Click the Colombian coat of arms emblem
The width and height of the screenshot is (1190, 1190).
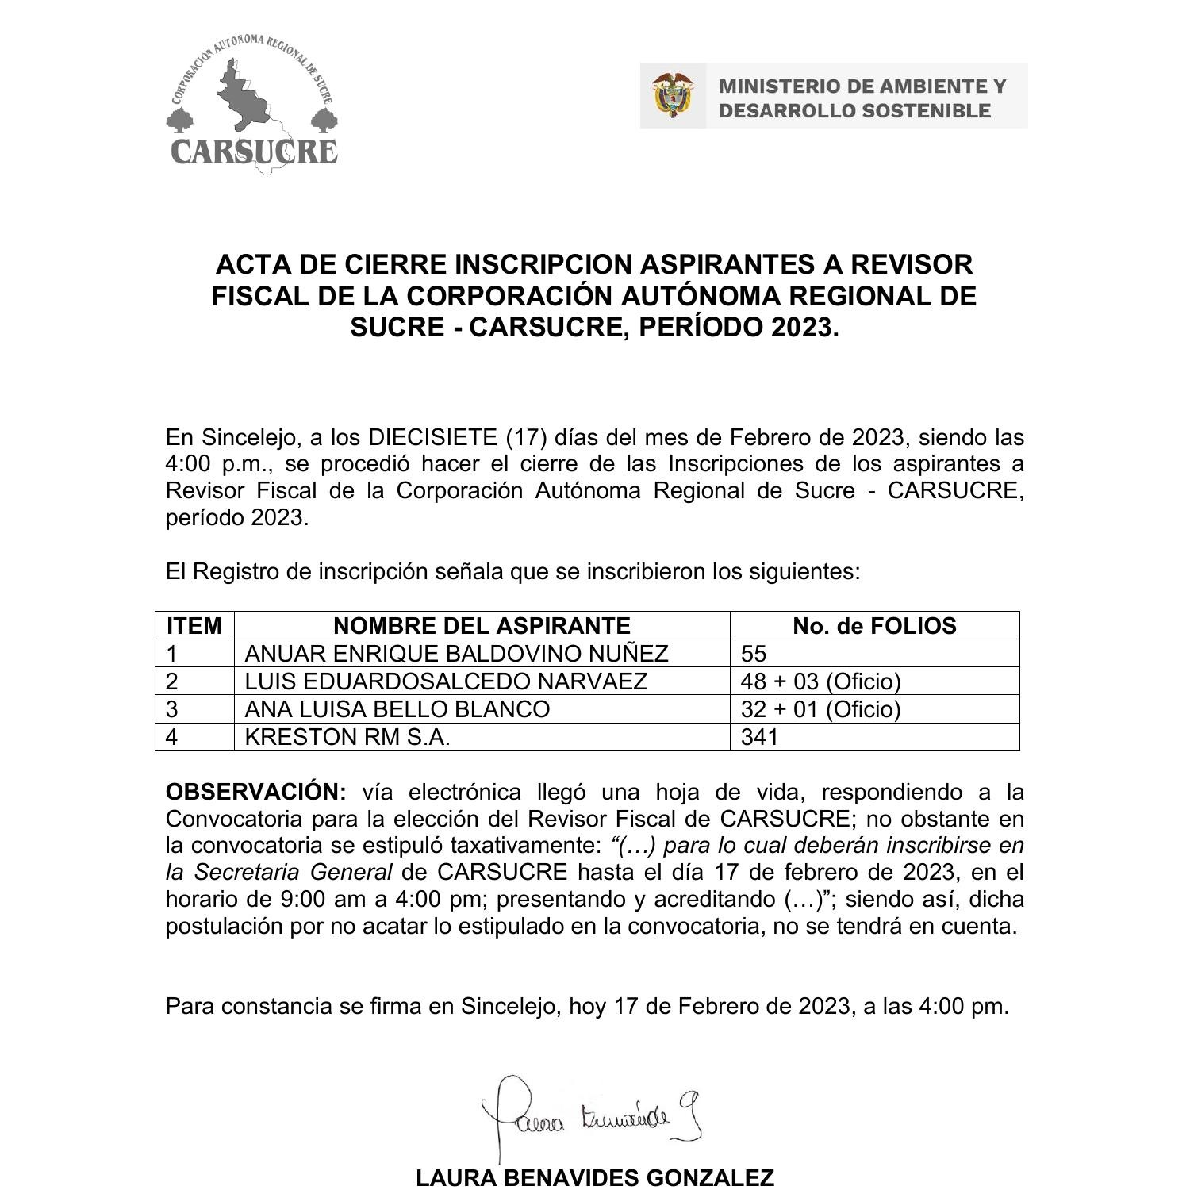click(x=673, y=96)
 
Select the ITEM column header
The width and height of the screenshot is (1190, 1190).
click(x=194, y=626)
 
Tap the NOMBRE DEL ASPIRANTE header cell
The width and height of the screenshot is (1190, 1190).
click(x=482, y=626)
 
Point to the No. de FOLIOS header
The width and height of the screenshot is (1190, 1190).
click(x=874, y=626)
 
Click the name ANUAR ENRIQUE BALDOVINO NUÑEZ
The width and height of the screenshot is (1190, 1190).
click(x=456, y=654)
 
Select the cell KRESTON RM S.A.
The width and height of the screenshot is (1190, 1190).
click(x=347, y=737)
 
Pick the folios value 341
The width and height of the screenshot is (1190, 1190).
click(x=759, y=737)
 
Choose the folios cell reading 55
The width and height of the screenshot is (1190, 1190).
click(x=754, y=654)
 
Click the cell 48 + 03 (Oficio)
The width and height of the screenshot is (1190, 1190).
click(x=820, y=681)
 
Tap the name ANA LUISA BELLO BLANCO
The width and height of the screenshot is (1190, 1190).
click(x=397, y=709)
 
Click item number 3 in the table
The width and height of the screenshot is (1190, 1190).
click(x=171, y=709)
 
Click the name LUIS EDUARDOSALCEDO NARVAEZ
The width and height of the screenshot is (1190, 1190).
click(x=446, y=681)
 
